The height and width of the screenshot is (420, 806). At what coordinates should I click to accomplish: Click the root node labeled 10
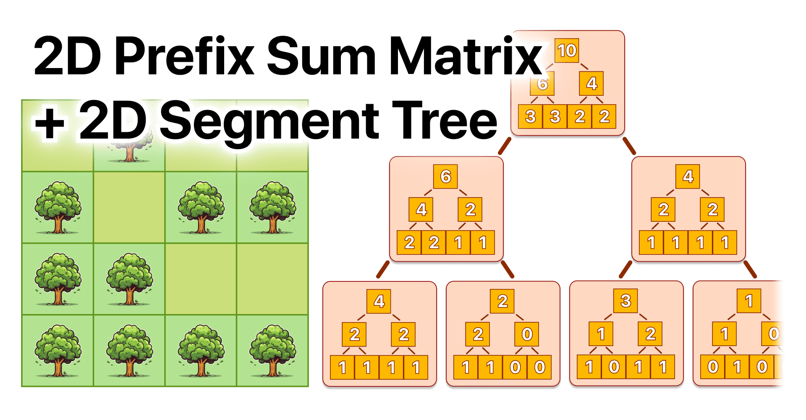[567, 50]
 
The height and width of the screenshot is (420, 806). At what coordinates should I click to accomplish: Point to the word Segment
[269, 122]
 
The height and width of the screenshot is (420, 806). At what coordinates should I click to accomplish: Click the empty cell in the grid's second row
[129, 207]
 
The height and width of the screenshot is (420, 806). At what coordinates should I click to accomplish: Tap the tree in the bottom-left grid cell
[58, 350]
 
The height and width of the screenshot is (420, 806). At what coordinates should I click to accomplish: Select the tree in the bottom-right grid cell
[272, 350]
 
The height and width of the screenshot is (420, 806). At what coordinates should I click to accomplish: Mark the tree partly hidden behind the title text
[129, 149]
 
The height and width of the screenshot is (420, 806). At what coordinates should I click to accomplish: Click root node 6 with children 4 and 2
[445, 176]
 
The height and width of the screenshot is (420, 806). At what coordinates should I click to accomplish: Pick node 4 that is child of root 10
[591, 84]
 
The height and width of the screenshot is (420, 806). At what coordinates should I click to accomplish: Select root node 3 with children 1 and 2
[625, 301]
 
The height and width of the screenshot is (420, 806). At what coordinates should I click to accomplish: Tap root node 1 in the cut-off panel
[749, 301]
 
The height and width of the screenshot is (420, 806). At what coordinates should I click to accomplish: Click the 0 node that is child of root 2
[527, 334]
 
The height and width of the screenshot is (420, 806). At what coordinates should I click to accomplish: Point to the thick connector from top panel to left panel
[504, 146]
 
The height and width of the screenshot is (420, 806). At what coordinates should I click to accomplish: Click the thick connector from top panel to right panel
[629, 146]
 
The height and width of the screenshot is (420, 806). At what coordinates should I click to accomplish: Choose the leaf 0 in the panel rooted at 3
[614, 367]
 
